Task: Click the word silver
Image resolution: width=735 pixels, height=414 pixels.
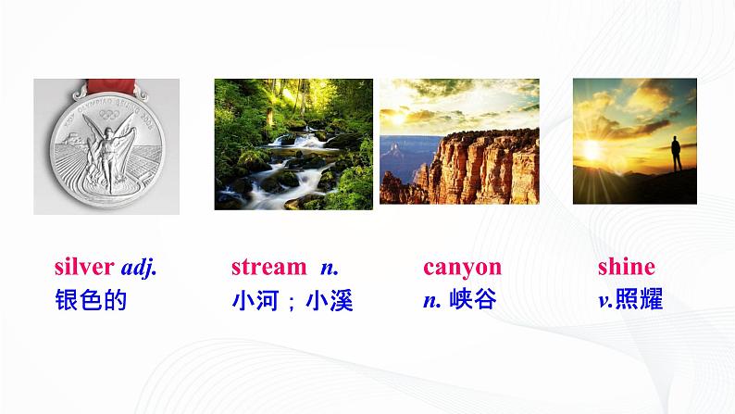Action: pyautogui.click(x=84, y=268)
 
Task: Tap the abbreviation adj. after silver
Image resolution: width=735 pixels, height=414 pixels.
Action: pyautogui.click(x=139, y=269)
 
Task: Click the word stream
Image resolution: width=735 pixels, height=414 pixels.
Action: pyautogui.click(x=268, y=268)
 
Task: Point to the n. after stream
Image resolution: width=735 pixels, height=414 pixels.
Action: pyautogui.click(x=330, y=268)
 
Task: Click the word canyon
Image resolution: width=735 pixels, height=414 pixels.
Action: pyautogui.click(x=462, y=268)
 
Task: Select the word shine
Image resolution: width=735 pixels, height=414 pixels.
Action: pyautogui.click(x=626, y=268)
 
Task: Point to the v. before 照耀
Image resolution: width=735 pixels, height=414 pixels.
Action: pyautogui.click(x=605, y=301)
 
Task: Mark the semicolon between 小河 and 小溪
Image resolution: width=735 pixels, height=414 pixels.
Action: pyautogui.click(x=292, y=302)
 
